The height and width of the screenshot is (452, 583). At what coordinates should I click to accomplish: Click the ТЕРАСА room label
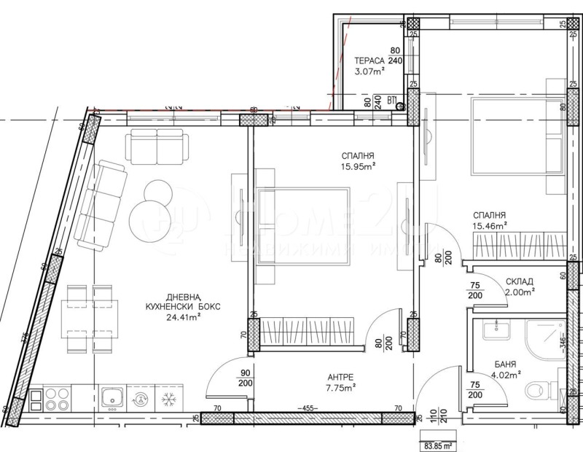tap(370, 61)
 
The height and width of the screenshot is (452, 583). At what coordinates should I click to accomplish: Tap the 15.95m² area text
tap(357, 166)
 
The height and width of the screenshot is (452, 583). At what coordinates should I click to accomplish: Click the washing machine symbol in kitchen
tap(139, 399)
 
